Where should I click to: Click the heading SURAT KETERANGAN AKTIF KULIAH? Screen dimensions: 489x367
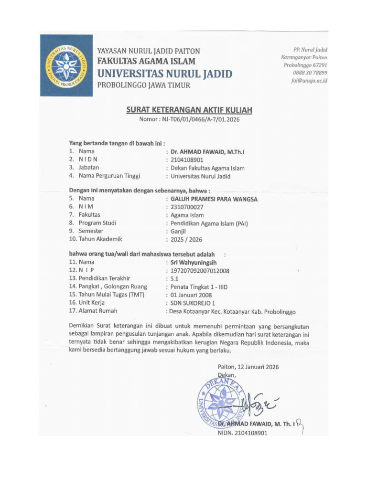point(189,110)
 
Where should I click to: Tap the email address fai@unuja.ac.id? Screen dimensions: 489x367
point(309,81)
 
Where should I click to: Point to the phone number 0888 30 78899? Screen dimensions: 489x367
point(310,73)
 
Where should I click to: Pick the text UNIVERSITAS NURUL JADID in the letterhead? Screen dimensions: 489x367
point(165,74)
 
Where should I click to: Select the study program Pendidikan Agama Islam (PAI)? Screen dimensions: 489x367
point(209,223)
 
